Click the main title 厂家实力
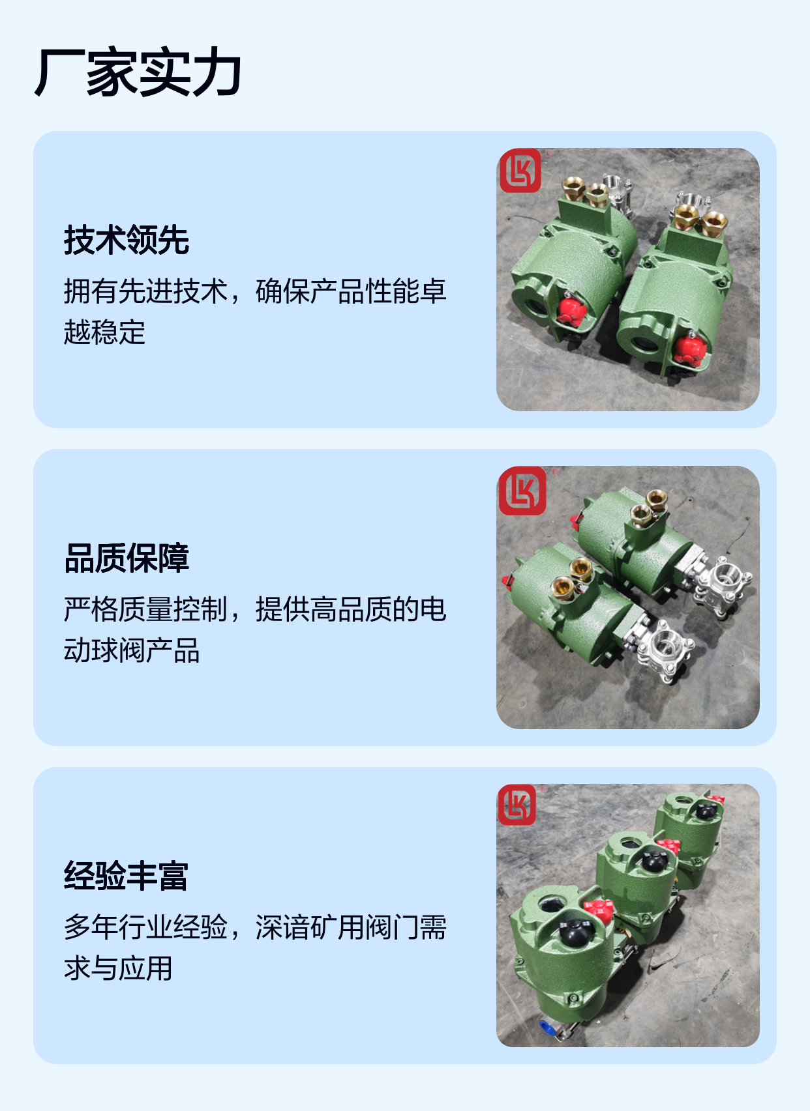pos(138,72)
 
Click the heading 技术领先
pos(127,240)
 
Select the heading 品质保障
pos(127,558)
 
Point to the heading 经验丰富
pos(126,875)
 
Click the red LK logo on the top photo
pos(520,170)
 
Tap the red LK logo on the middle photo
pos(522,491)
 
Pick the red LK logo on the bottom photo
pos(517,805)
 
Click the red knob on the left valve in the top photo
pos(572,310)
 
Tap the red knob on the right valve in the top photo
pos(690,350)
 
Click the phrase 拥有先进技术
pos(145,291)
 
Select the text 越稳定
pos(104,332)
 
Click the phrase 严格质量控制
pos(145,609)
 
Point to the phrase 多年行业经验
pos(145,927)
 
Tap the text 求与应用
pos(118,968)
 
